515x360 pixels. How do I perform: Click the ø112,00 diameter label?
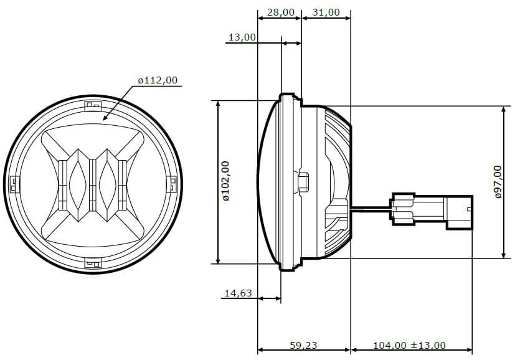pos(158,80)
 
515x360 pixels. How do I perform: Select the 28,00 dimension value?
pos(280,12)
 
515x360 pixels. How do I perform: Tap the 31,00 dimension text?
pos(326,12)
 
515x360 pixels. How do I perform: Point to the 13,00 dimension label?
pos(242,37)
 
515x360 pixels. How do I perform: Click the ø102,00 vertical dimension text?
pos(225,181)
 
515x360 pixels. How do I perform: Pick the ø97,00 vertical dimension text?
pos(498,182)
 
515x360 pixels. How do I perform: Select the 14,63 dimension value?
pos(238,293)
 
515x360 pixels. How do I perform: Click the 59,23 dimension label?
pos(303,345)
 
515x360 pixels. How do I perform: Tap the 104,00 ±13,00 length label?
pos(409,345)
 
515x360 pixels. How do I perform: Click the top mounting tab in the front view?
pos(93,106)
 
